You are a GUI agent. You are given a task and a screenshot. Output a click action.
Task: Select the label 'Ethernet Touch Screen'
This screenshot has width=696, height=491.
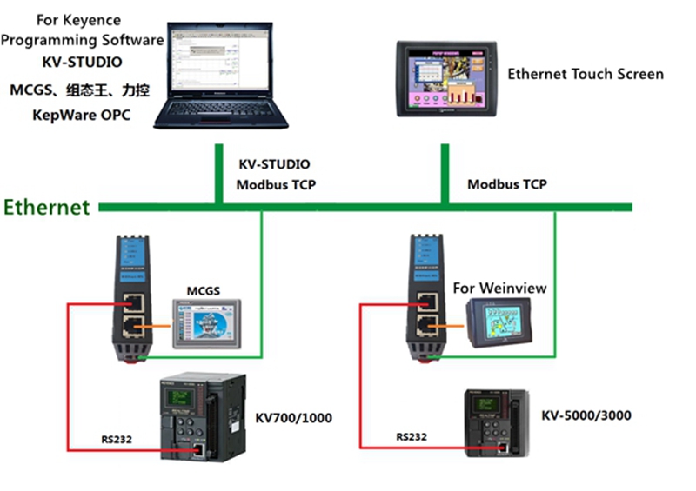click(x=585, y=74)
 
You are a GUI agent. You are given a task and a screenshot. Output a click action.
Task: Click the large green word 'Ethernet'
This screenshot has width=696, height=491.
click(x=47, y=207)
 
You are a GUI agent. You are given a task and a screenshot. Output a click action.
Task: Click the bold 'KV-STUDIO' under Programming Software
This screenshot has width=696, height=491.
click(x=82, y=63)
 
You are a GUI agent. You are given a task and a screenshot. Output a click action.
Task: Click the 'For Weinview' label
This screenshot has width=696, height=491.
click(x=499, y=288)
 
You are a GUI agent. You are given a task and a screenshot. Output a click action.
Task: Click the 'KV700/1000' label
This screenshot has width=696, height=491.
click(x=293, y=418)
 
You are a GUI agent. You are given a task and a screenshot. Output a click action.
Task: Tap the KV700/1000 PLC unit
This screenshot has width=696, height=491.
click(x=201, y=416)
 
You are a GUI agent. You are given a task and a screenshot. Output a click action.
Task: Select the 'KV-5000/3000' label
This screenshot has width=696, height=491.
click(x=586, y=415)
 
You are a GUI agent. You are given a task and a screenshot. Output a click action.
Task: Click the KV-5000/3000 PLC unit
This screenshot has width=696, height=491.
click(x=492, y=423)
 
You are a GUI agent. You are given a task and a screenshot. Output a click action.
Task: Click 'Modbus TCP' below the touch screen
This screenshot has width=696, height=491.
click(x=507, y=184)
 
